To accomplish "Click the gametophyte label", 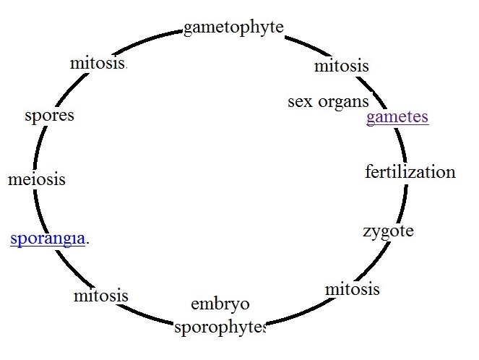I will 233,28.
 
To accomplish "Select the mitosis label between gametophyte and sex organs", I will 341,67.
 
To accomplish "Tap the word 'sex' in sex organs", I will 300,102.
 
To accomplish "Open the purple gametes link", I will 397,118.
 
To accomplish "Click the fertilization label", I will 410,172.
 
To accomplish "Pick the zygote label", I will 388,231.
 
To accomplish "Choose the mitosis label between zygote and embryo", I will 352,290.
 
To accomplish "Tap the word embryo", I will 220,304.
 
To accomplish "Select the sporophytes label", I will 220,327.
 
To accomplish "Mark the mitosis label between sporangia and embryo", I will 101,296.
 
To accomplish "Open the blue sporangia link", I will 48,239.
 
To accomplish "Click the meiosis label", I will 37,179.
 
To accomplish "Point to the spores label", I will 49,116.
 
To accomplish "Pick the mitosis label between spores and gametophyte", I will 98,63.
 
